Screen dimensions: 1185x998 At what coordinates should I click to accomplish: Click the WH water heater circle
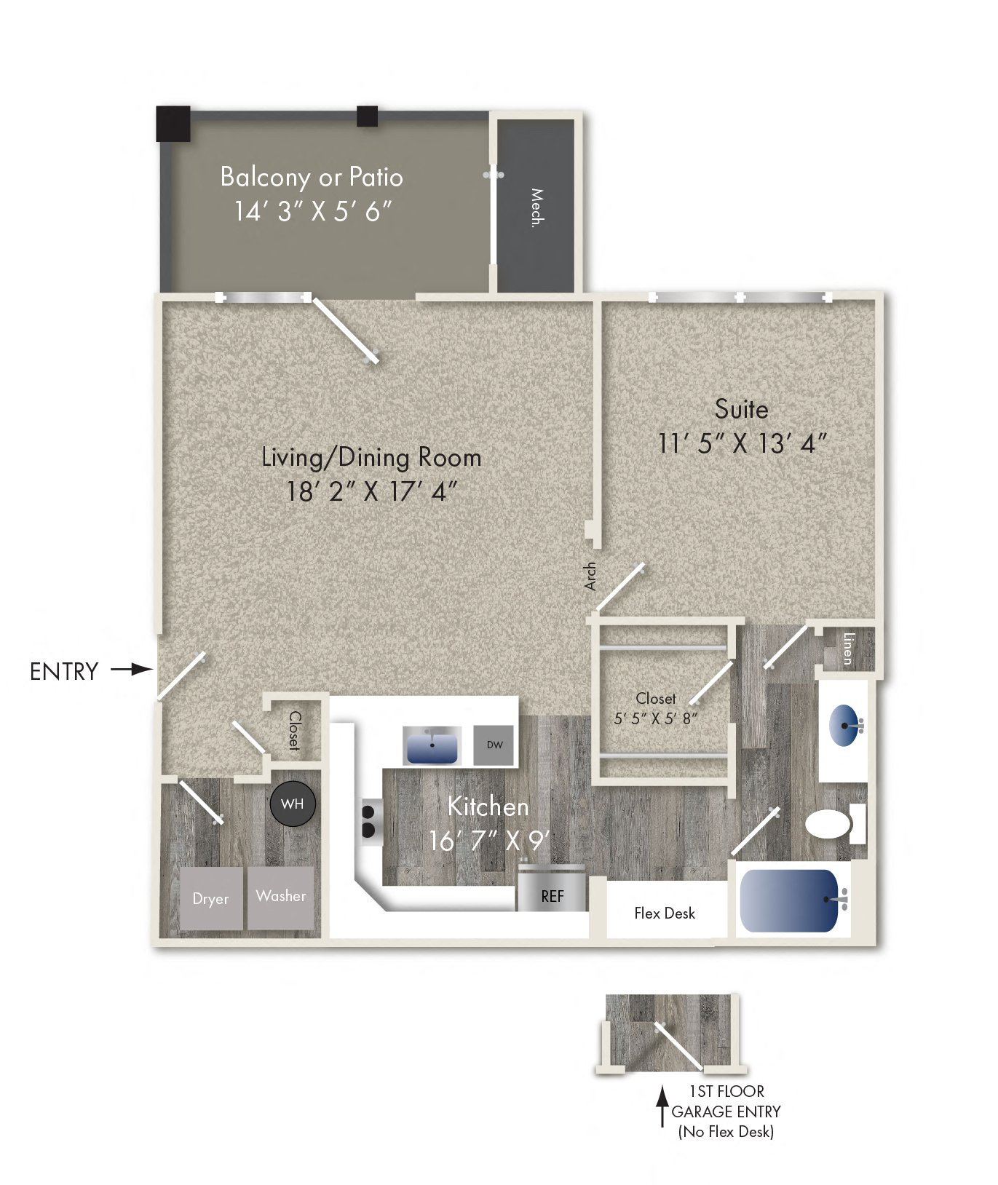[x=292, y=804]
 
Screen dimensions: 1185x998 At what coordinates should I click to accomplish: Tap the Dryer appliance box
[x=210, y=898]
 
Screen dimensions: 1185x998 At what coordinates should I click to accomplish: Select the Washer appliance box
[x=281, y=897]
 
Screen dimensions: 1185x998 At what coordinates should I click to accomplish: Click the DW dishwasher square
[x=494, y=745]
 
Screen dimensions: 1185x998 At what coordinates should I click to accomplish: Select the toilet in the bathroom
[x=831, y=825]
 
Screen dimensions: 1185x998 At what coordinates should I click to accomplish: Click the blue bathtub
[x=790, y=900]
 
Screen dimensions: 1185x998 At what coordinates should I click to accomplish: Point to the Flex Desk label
[x=665, y=913]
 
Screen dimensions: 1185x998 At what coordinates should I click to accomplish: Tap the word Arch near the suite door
[x=590, y=576]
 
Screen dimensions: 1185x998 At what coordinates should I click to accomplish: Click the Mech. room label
[x=537, y=208]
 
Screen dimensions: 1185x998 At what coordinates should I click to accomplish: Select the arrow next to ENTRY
[x=132, y=669]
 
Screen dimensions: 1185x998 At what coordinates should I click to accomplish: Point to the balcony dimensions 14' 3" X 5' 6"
[x=312, y=211]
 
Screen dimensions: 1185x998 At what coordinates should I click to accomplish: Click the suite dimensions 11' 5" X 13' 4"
[x=742, y=443]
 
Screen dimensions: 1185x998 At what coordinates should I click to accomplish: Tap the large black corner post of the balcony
[x=173, y=124]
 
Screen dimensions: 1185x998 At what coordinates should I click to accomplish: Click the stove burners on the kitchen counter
[x=368, y=820]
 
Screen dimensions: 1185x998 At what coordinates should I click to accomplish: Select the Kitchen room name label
[x=488, y=806]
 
